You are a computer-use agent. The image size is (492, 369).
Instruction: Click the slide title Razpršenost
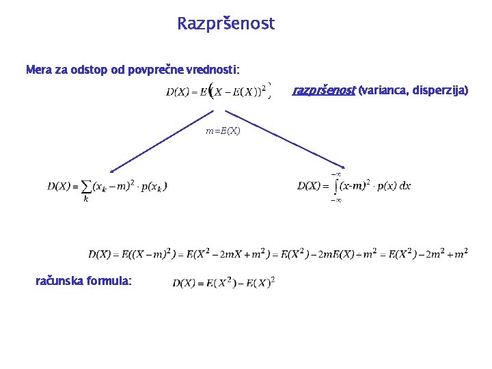tap(225, 24)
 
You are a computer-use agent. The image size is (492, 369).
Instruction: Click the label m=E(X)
tap(223, 131)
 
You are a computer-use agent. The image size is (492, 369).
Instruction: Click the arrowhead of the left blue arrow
tap(113, 171)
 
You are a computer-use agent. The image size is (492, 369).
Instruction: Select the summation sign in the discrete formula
tap(86, 187)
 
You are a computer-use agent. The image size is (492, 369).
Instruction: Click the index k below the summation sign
tap(85, 200)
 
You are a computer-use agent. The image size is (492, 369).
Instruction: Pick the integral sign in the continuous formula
tap(335, 187)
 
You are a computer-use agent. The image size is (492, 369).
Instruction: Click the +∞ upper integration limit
tap(336, 174)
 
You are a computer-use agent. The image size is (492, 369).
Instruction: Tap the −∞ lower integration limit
tap(336, 200)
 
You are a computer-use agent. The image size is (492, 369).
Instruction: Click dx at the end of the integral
tap(404, 185)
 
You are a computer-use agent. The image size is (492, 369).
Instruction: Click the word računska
tap(59, 280)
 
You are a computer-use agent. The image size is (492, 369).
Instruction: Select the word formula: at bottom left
tap(109, 280)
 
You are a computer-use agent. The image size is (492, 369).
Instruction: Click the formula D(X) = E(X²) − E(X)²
tap(223, 282)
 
